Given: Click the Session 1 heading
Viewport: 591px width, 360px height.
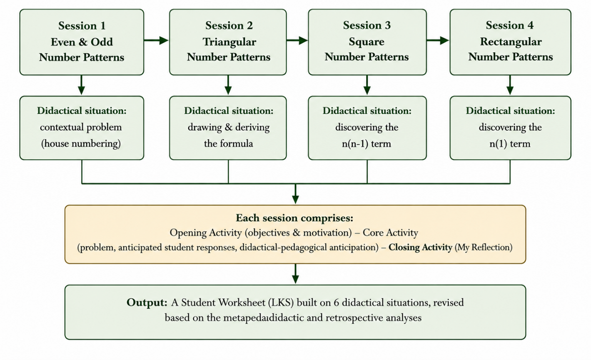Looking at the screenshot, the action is tap(82, 25).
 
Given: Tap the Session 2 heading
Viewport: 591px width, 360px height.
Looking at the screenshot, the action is tap(229, 25).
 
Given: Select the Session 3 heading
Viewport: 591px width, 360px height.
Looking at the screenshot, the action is tap(367, 25).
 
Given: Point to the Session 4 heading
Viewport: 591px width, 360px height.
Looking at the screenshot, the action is tap(510, 25).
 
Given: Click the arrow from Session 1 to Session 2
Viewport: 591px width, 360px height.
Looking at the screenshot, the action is tap(156, 40).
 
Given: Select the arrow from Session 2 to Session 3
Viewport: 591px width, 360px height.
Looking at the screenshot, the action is tap(297, 40).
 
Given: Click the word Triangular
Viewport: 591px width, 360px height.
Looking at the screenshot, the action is tap(229, 42).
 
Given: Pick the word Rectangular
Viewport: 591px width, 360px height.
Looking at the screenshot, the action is tap(511, 42).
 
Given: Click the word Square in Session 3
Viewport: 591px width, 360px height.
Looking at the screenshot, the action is tap(367, 42).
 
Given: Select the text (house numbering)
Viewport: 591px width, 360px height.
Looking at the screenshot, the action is tap(81, 144).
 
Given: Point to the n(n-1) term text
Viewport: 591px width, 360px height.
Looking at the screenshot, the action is tap(367, 144).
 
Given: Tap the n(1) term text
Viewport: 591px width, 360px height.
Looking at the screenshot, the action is tap(510, 144).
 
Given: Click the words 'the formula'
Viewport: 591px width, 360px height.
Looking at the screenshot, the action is tap(228, 144).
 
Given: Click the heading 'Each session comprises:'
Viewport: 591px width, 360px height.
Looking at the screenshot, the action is tap(294, 218).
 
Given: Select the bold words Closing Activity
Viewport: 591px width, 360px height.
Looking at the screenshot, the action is tap(420, 247).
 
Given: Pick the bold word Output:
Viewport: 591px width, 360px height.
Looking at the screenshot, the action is tap(147, 302).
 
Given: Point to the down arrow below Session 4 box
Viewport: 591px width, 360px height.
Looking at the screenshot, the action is tap(510, 85).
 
